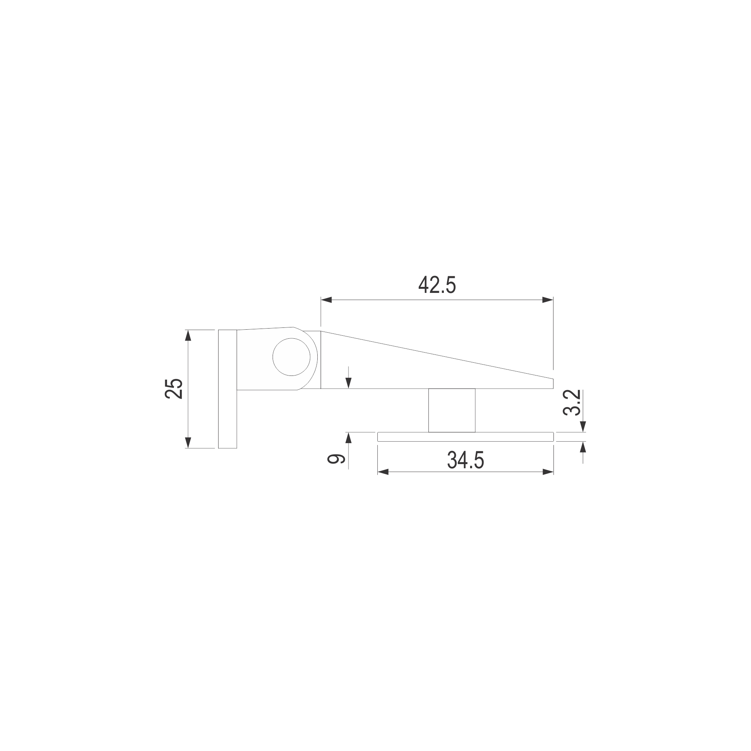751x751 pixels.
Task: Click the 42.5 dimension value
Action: click(x=437, y=285)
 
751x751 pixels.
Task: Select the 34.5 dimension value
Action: click(x=466, y=460)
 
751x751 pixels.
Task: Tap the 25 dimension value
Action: click(x=174, y=389)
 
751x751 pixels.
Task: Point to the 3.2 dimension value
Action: click(x=572, y=403)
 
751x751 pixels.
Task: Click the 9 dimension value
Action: click(x=336, y=459)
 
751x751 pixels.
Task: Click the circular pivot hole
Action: click(x=291, y=357)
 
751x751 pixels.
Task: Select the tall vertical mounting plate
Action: click(x=228, y=389)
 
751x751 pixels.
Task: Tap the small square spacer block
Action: click(x=452, y=410)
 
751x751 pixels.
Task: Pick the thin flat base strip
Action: click(x=465, y=437)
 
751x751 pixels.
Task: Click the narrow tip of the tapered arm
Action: click(x=553, y=383)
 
